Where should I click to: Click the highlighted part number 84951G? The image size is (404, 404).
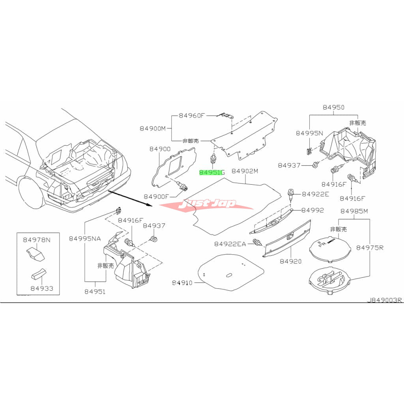click(212, 172)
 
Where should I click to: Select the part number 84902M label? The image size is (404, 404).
click(245, 171)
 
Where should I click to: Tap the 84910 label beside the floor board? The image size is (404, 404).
click(182, 282)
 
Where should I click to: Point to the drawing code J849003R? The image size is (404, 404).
click(384, 300)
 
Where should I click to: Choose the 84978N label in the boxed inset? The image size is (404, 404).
click(37, 240)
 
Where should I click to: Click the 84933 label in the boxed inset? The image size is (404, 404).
click(42, 288)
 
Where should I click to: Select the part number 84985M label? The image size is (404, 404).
click(354, 211)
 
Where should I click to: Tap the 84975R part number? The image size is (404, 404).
click(370, 248)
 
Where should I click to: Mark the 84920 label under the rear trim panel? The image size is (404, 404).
click(291, 261)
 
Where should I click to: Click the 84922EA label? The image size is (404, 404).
click(230, 244)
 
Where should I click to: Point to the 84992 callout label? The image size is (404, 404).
click(312, 210)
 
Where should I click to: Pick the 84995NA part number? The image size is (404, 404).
click(85, 239)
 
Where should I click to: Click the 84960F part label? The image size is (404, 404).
click(191, 116)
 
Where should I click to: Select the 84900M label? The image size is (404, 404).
click(153, 128)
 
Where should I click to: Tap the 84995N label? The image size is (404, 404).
click(309, 133)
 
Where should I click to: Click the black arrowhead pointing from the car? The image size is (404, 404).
click(150, 205)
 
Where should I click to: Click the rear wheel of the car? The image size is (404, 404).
click(30, 192)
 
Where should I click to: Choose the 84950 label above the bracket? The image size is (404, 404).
click(333, 107)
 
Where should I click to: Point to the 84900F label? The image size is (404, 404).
click(156, 197)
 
